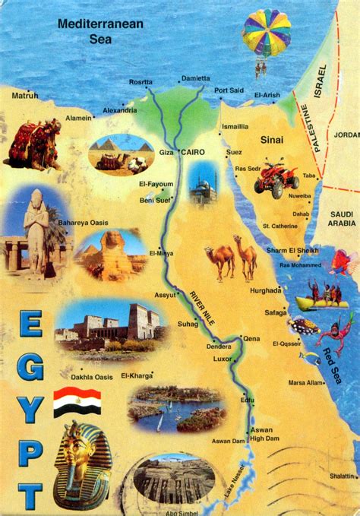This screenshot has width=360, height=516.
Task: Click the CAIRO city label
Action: tap(194, 152)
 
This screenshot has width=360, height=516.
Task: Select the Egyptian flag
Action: tap(77, 403)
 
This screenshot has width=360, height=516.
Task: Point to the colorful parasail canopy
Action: tap(266, 32)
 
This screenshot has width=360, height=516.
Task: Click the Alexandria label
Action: tap(120, 109)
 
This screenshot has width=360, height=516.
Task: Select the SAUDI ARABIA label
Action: tap(338, 218)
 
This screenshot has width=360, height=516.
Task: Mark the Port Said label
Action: tap(229, 90)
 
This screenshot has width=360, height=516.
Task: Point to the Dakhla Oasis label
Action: tap(92, 377)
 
